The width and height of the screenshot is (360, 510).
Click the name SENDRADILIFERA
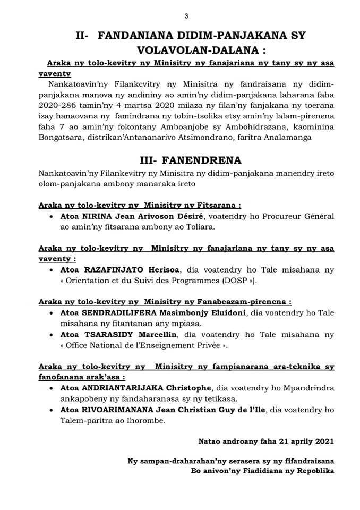coord(121,313)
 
